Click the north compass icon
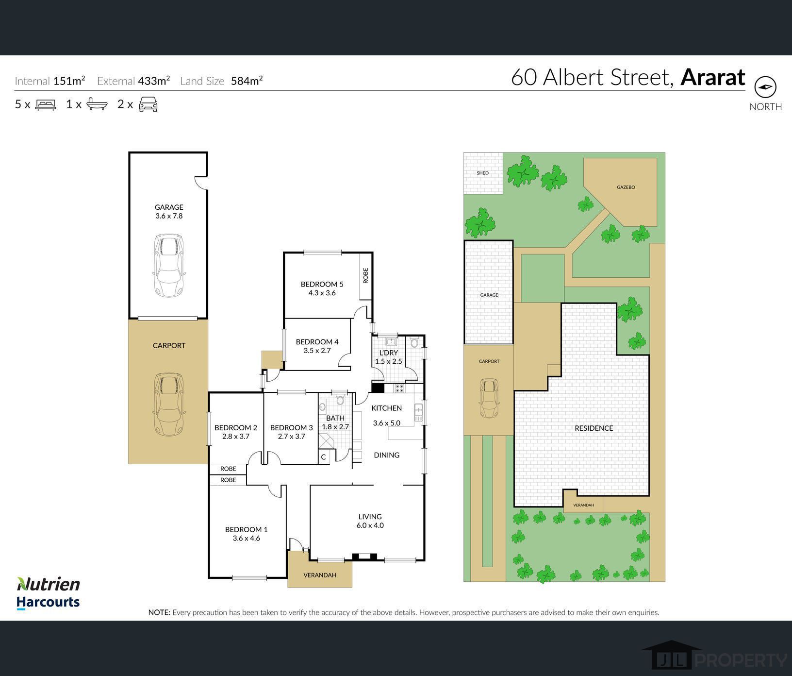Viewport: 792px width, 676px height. [765, 87]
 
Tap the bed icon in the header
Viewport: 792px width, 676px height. [46, 104]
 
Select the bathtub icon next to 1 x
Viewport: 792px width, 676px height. [97, 104]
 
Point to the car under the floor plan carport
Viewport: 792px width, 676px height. [169, 404]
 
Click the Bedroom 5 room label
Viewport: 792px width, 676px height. [322, 284]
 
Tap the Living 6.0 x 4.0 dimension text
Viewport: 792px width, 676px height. [370, 525]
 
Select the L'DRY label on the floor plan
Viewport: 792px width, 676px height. [388, 353]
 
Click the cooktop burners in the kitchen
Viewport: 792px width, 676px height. [399, 388]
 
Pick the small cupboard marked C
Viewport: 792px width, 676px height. [323, 457]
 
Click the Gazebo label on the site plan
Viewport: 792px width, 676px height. [626, 187]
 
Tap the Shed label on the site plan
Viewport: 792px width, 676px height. [482, 173]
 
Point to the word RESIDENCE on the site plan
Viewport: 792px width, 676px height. [594, 428]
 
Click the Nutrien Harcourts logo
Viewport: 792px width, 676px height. [48, 593]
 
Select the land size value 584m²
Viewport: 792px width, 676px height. [247, 81]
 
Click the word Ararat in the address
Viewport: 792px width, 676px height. [712, 77]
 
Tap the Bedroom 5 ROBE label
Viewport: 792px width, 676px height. [366, 276]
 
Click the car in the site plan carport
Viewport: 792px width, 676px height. [489, 399]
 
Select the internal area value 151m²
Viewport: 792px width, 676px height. [69, 81]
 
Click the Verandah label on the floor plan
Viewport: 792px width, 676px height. [320, 575]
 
